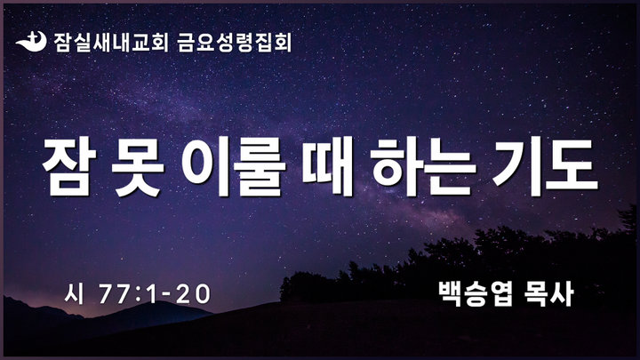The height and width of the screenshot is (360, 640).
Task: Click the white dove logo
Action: (x=31, y=42)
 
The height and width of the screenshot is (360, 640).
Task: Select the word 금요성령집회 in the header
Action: (x=235, y=43)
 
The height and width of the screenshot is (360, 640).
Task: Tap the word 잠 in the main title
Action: (x=69, y=166)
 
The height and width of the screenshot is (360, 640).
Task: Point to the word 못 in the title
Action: (x=138, y=166)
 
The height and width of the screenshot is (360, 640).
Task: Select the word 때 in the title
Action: (x=328, y=166)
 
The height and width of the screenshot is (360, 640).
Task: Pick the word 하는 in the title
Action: (x=423, y=166)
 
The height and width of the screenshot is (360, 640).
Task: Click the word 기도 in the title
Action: (x=545, y=166)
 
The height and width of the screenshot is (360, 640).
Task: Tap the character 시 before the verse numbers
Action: (x=74, y=294)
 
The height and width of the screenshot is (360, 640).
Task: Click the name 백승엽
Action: (x=476, y=293)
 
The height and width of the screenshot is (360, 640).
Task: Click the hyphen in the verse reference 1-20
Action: (x=166, y=295)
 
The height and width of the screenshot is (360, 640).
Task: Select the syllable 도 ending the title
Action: (x=572, y=166)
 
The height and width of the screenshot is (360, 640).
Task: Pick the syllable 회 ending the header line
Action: (x=283, y=43)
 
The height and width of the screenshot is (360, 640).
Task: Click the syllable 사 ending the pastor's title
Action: (x=562, y=293)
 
